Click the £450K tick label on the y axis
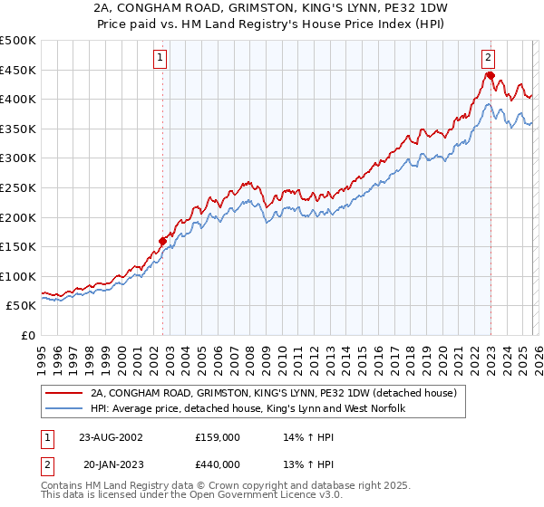18,70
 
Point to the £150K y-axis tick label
18,246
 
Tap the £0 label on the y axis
27,335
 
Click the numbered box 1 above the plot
160,57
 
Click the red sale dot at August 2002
163,241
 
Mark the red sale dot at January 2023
490,75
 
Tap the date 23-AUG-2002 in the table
111,436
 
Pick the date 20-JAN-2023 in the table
111,467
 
